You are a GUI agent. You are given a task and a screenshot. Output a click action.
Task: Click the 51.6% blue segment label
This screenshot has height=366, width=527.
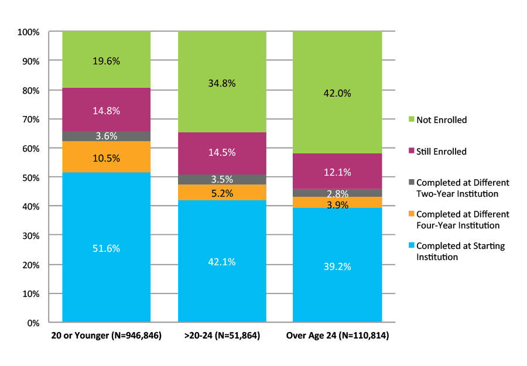click(106, 248)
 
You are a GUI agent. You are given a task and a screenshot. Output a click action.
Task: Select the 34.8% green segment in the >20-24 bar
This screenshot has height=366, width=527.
click(221, 83)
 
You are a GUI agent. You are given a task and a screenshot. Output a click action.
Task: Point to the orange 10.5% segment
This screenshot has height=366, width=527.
click(106, 158)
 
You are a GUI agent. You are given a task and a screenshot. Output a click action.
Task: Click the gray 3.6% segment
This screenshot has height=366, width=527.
click(106, 136)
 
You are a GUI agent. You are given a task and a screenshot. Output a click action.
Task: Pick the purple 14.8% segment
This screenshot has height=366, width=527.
click(106, 110)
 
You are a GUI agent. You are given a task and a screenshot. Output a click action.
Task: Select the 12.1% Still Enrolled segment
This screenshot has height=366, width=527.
click(337, 172)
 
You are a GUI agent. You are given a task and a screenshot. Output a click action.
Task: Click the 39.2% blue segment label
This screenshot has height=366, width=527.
click(337, 266)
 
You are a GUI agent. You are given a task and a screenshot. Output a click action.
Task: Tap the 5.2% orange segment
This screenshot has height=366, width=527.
click(221, 193)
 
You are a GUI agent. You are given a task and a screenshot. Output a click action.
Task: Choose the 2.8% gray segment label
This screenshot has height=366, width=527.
click(337, 193)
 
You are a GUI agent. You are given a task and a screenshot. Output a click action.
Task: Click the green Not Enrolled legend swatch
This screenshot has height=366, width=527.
click(412, 120)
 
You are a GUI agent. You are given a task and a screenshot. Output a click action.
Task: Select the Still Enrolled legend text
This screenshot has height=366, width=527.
click(441, 152)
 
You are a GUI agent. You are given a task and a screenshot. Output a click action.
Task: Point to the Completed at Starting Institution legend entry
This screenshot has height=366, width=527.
click(460, 251)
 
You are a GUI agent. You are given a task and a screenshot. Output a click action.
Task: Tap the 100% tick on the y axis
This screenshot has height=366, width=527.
click(28, 32)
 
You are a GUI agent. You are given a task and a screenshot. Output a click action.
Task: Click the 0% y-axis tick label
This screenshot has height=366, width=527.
click(32, 323)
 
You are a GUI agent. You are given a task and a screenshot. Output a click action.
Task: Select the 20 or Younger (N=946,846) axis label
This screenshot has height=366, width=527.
click(106, 336)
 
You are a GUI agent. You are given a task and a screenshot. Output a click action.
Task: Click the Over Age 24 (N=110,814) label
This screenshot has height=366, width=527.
click(337, 336)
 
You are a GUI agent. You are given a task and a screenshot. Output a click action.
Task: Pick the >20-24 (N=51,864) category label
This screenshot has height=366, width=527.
click(221, 336)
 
